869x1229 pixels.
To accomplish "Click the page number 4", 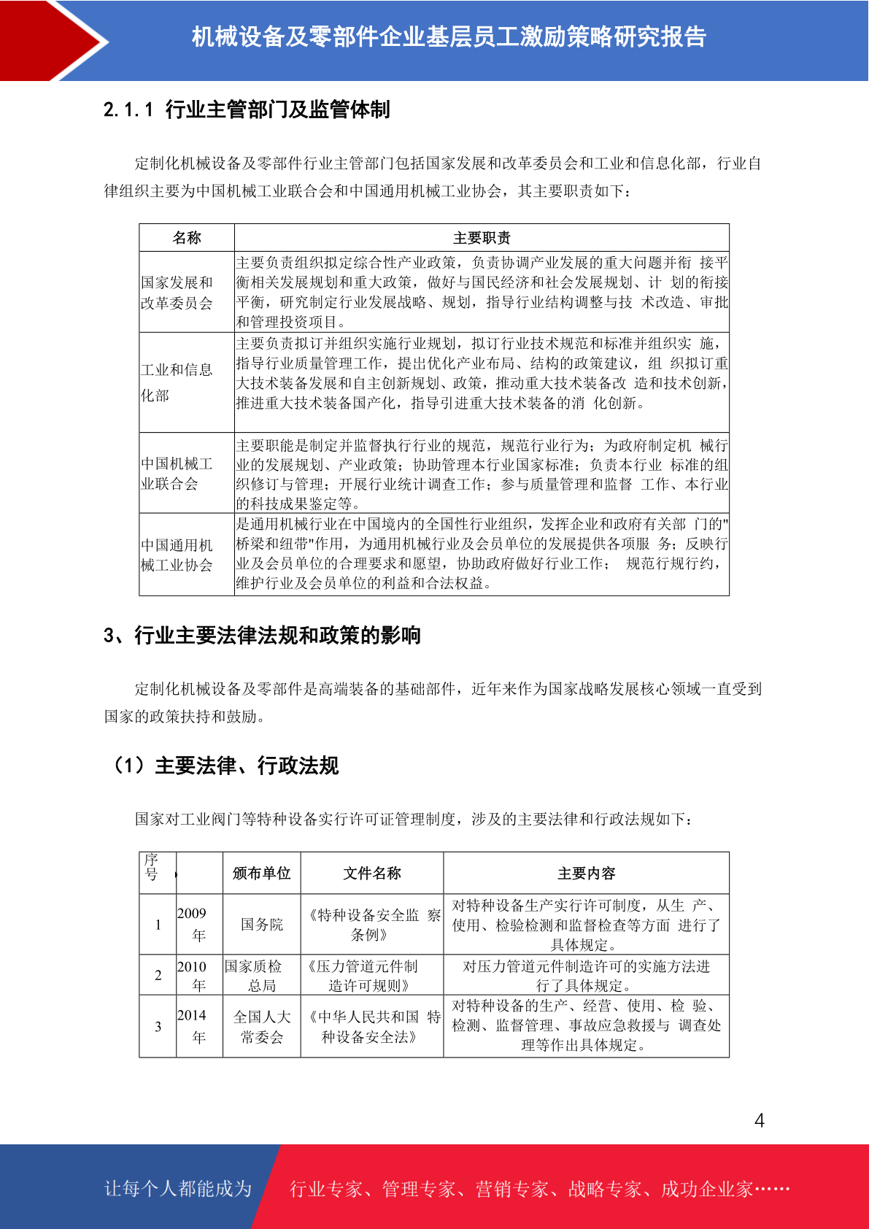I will (x=759, y=1120).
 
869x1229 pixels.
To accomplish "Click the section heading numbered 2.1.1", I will (x=247, y=109).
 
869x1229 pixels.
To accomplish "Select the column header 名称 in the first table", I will (x=187, y=238).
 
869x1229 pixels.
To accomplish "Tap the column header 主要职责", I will (x=482, y=238).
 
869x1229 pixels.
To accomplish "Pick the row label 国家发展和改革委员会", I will (x=177, y=293).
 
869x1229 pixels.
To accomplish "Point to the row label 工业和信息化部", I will (x=177, y=382).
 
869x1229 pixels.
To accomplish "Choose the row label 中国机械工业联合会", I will (x=177, y=473).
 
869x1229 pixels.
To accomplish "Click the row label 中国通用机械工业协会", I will (x=177, y=555).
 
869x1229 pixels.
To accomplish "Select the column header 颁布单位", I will (x=261, y=873).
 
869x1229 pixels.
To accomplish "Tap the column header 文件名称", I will (x=372, y=873).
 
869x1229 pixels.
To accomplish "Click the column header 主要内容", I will (x=586, y=873).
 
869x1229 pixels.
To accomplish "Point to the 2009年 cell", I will (x=192, y=924).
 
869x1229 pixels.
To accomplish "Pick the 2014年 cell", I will (x=192, y=1026).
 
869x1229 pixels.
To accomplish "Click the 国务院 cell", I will (x=261, y=924).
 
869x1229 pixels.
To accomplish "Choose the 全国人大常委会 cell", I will (x=261, y=1026).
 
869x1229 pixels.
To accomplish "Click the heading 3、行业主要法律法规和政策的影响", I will (x=262, y=635).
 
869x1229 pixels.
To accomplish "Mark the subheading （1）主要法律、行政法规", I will (x=223, y=766).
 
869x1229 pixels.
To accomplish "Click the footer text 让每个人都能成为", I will (x=178, y=1188).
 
